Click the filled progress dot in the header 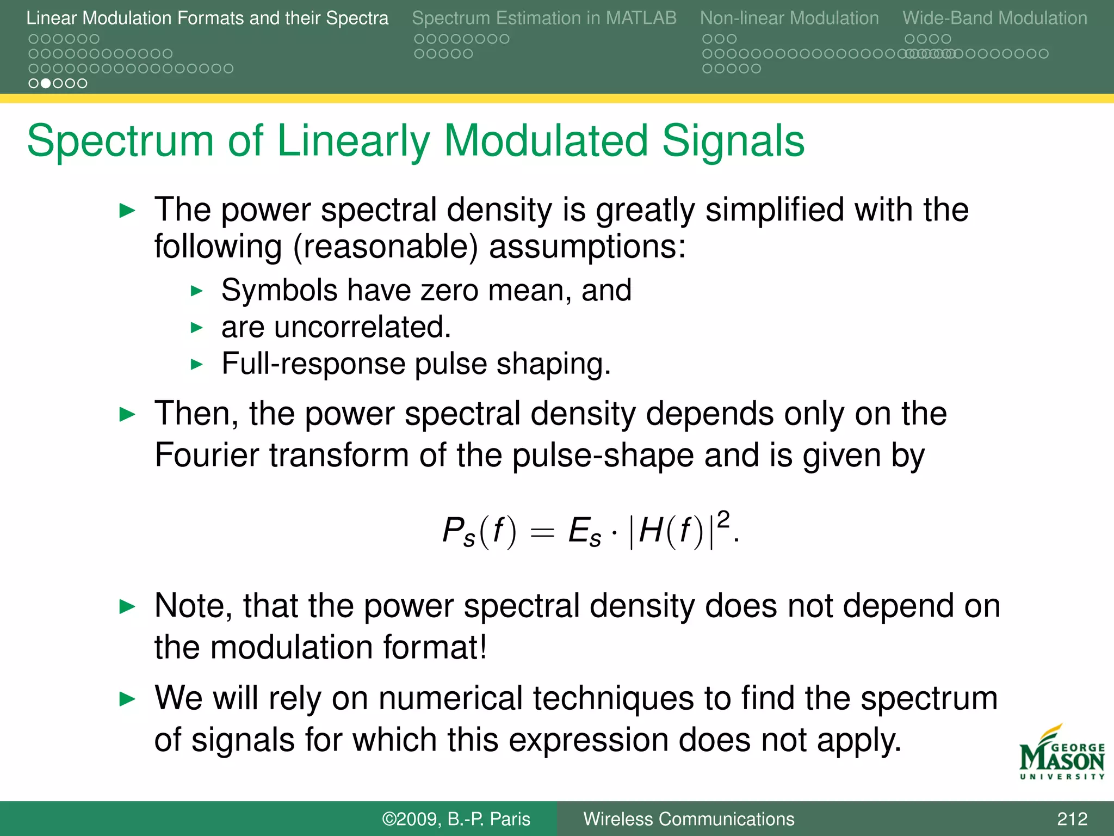[x=46, y=83]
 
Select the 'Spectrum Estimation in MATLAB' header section [x=544, y=18]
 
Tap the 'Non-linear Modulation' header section [x=789, y=18]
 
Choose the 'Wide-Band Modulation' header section [x=994, y=18]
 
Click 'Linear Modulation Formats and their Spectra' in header [x=207, y=18]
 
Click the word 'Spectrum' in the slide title [x=120, y=142]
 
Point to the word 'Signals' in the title [x=733, y=140]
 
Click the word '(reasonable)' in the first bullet [x=386, y=247]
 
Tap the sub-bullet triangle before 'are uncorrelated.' [x=197, y=328]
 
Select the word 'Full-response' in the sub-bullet [x=313, y=364]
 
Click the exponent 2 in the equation [x=723, y=520]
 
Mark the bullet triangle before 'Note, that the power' [x=127, y=606]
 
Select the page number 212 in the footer [x=1072, y=819]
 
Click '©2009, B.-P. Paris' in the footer [x=456, y=819]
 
